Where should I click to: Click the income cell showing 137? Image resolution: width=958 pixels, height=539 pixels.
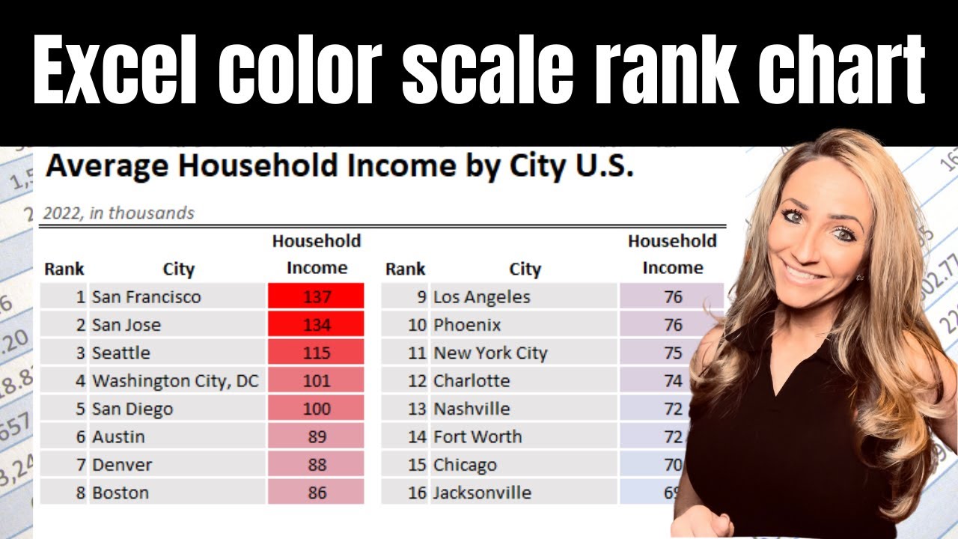point(317,296)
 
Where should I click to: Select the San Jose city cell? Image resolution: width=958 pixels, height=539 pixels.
point(126,325)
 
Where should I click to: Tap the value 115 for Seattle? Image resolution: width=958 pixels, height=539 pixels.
point(317,353)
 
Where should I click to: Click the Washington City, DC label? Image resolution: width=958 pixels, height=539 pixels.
point(175,381)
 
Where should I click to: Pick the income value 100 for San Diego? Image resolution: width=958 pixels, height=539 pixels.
point(317,409)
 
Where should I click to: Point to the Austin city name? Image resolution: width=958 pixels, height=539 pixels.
point(118,437)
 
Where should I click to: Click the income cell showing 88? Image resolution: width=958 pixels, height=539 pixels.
point(317,465)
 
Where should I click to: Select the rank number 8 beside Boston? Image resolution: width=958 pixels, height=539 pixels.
point(80,493)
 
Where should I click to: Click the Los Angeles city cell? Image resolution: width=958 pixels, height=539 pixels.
point(481,296)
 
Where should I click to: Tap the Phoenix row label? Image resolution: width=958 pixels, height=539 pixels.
point(467,325)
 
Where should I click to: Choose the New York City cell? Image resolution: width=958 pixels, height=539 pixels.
point(490,353)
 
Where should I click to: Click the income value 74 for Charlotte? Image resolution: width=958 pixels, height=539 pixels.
point(673,381)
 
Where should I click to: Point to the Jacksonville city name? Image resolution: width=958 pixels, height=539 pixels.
point(482,493)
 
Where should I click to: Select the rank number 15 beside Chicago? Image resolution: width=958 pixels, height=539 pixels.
point(417,465)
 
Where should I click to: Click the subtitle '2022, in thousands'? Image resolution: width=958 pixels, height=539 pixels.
point(118,213)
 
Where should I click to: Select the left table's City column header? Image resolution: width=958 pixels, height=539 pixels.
point(178,269)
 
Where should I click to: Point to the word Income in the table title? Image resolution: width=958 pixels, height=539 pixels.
point(397,166)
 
